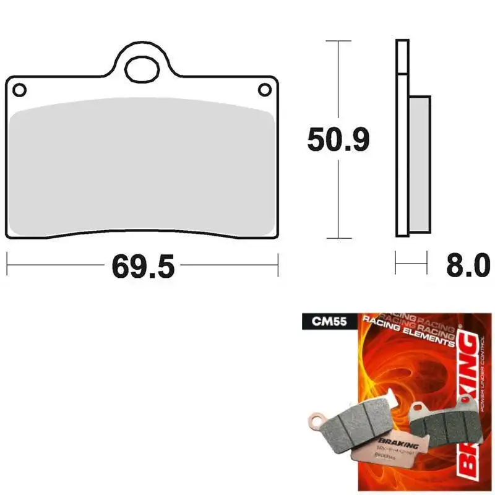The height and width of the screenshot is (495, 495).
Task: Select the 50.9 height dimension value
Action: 338,140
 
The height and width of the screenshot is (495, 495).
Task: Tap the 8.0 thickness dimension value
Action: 467,267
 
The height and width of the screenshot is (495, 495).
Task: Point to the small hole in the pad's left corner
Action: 19,90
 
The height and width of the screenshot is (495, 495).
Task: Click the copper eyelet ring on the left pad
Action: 317,421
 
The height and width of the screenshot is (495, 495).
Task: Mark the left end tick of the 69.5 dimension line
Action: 7,264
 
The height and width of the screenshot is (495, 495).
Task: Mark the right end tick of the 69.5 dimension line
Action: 278,264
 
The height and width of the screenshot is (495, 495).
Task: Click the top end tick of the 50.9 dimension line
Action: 338,41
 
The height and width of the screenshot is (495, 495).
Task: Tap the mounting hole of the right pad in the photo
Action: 419,409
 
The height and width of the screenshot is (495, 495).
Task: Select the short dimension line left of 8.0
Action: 411,264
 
